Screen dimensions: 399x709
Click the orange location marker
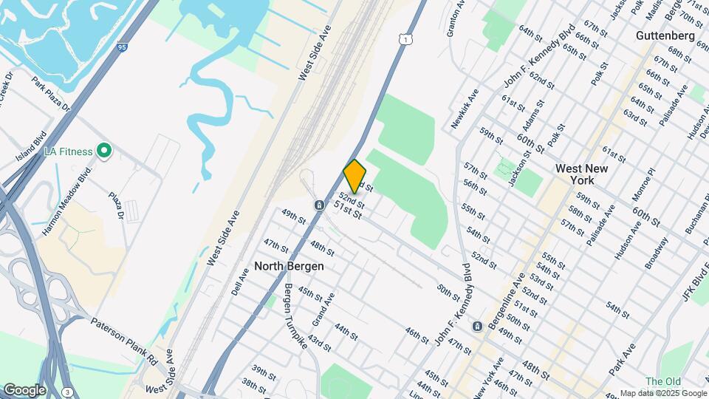354,177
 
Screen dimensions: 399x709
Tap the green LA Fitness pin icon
104,151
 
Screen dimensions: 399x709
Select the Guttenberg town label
665,35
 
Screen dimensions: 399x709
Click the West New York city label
582,174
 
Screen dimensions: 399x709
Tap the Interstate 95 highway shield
123,47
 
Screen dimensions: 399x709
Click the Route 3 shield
67,391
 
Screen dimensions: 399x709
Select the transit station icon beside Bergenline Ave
478,326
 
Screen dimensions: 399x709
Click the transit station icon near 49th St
318,204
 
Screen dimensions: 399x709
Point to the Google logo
24,390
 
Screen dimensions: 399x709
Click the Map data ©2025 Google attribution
662,393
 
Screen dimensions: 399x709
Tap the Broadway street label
656,252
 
